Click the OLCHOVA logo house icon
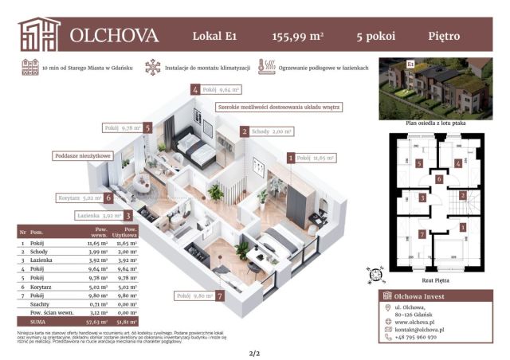(39, 33)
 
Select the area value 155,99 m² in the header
(298, 36)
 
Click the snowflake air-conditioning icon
(151, 68)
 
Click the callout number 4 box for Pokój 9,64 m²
(195, 90)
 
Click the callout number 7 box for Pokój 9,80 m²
(218, 295)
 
